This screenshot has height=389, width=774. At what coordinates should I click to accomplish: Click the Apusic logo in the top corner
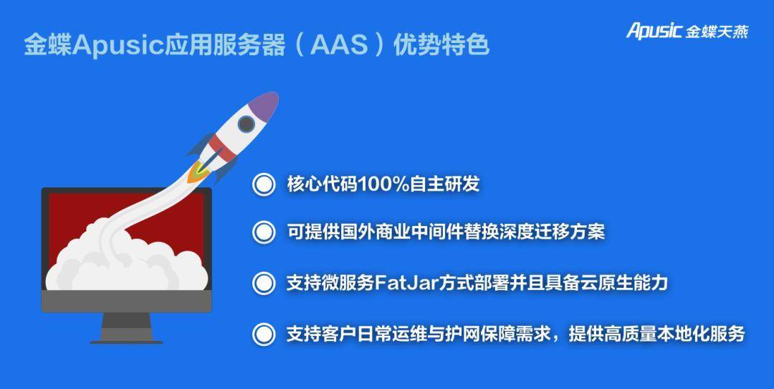tap(654, 31)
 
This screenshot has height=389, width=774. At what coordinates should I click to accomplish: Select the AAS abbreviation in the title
tap(339, 45)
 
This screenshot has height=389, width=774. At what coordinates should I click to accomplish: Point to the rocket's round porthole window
tap(246, 123)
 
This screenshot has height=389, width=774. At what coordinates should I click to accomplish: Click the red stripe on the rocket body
tap(221, 148)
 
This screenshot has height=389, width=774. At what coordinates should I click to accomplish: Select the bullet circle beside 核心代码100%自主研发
tap(264, 184)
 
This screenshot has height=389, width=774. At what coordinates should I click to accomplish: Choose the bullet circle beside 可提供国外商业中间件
tap(264, 232)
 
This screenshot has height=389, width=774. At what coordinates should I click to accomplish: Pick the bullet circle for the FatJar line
tap(264, 283)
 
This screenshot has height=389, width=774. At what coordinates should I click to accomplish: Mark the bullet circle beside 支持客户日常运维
tap(264, 334)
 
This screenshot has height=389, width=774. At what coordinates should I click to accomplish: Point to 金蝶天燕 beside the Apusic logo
tap(717, 32)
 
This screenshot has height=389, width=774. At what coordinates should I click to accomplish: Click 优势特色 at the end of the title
tap(441, 45)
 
